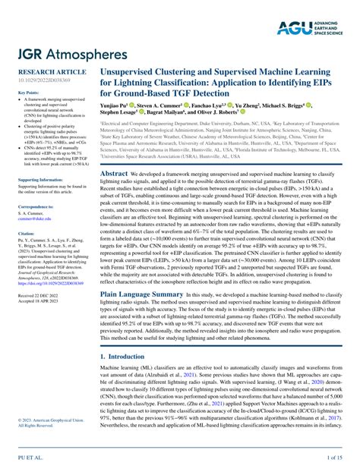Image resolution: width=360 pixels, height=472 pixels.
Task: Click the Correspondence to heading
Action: click(35, 206)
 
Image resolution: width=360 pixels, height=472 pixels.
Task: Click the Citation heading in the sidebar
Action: click(27, 234)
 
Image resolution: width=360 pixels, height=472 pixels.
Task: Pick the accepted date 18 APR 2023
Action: click(39, 301)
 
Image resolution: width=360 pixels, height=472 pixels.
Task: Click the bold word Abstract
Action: click(113, 174)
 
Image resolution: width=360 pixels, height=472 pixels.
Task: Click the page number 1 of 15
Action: click(335, 458)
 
